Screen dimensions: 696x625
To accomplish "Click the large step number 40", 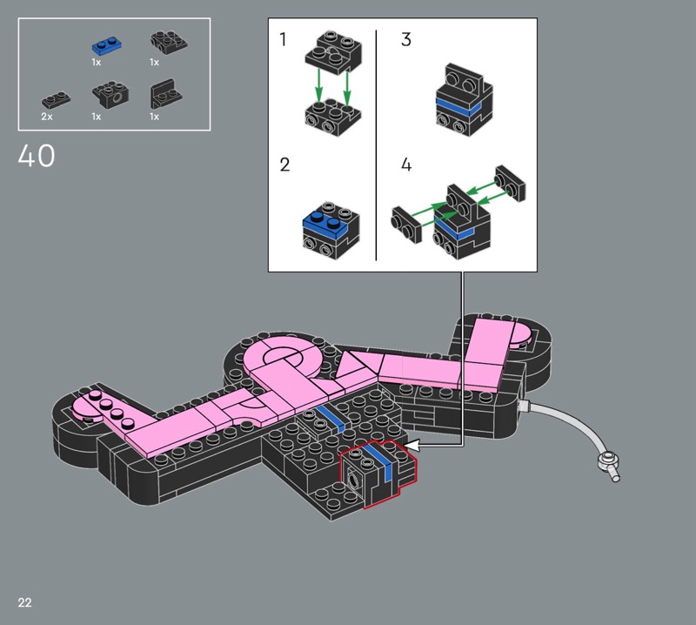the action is click(x=37, y=156).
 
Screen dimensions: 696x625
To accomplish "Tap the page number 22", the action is click(x=25, y=602).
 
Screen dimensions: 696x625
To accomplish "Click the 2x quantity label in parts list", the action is click(x=47, y=117).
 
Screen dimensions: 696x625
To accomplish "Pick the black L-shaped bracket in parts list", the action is click(x=166, y=94).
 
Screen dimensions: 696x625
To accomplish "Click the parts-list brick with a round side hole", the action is click(x=111, y=94).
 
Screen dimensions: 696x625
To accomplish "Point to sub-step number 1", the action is click(x=283, y=39).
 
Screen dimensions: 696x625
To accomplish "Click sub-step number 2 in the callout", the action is click(x=284, y=165).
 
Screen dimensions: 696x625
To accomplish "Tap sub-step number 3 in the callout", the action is click(x=406, y=39).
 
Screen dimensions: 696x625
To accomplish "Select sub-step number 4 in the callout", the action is click(x=406, y=165).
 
